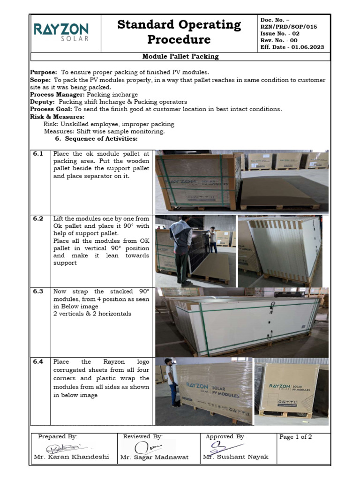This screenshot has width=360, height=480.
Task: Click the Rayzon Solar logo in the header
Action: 60,32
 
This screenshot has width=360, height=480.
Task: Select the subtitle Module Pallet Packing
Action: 180,57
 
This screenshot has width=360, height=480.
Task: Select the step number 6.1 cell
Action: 38,154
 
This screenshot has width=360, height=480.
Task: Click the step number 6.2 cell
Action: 38,219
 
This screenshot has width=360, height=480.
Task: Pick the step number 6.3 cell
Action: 38,291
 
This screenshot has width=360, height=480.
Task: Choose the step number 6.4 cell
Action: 38,361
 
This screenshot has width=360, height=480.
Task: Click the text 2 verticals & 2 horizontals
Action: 92,314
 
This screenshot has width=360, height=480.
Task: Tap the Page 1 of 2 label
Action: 295,437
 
